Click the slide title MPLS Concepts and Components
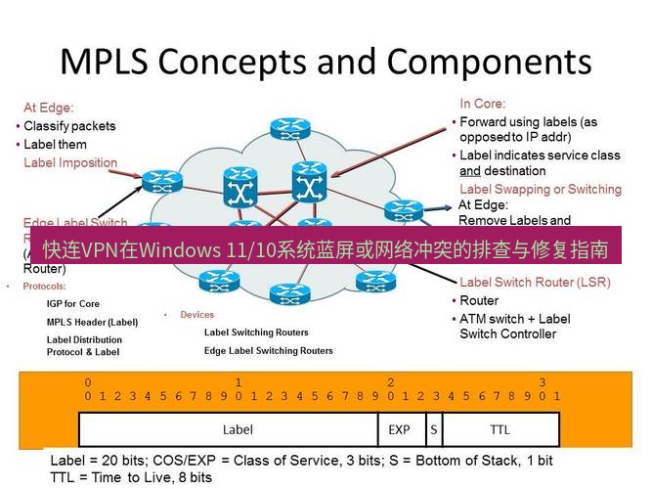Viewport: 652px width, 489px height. [326, 61]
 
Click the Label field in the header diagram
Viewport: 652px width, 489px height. [238, 429]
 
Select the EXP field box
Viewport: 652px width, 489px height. [399, 429]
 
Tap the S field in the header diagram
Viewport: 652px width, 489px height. [432, 429]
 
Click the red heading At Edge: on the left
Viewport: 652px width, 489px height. [49, 108]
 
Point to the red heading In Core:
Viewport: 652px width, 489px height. [483, 103]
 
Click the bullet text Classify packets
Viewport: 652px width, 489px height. [68, 126]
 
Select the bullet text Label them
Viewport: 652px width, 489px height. [55, 144]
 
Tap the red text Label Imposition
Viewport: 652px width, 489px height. [70, 162]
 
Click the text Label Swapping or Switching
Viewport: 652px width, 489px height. [540, 189]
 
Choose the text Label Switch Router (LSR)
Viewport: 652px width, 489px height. [535, 283]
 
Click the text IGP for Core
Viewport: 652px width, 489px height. [73, 304]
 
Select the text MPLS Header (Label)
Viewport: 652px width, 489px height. [93, 322]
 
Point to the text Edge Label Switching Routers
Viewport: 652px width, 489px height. [268, 350]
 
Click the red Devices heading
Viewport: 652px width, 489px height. [196, 315]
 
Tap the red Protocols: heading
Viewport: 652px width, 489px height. [44, 287]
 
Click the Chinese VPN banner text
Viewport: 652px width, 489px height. [326, 248]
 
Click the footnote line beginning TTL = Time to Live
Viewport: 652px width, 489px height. [131, 477]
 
